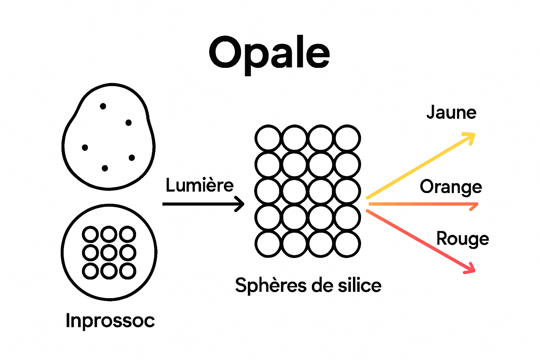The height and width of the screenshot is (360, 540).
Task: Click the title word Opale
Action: [x=269, y=53]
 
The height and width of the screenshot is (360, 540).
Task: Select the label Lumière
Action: [x=199, y=185]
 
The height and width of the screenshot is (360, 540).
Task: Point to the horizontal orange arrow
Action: [x=422, y=204]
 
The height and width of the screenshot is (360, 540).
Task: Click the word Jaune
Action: [x=451, y=112]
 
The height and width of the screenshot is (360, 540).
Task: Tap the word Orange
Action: [x=451, y=187]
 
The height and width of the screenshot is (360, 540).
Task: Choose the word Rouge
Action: [x=462, y=239]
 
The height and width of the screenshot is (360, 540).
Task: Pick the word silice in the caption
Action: [x=359, y=285]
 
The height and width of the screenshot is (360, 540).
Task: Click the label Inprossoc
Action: [x=110, y=320]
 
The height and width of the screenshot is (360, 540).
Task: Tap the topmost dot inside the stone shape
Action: [x=103, y=106]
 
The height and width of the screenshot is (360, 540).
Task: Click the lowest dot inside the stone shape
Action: [x=105, y=168]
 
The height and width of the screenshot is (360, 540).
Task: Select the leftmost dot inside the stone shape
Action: [x=85, y=148]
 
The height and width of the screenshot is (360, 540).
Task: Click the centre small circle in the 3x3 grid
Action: [x=109, y=252]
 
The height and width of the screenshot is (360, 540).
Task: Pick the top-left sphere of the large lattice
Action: [x=268, y=138]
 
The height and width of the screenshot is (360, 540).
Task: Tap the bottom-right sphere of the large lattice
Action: [x=347, y=244]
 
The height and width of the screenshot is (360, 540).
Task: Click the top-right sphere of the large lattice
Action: [x=347, y=138]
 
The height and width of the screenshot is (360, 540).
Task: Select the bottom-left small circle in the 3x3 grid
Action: [x=90, y=271]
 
